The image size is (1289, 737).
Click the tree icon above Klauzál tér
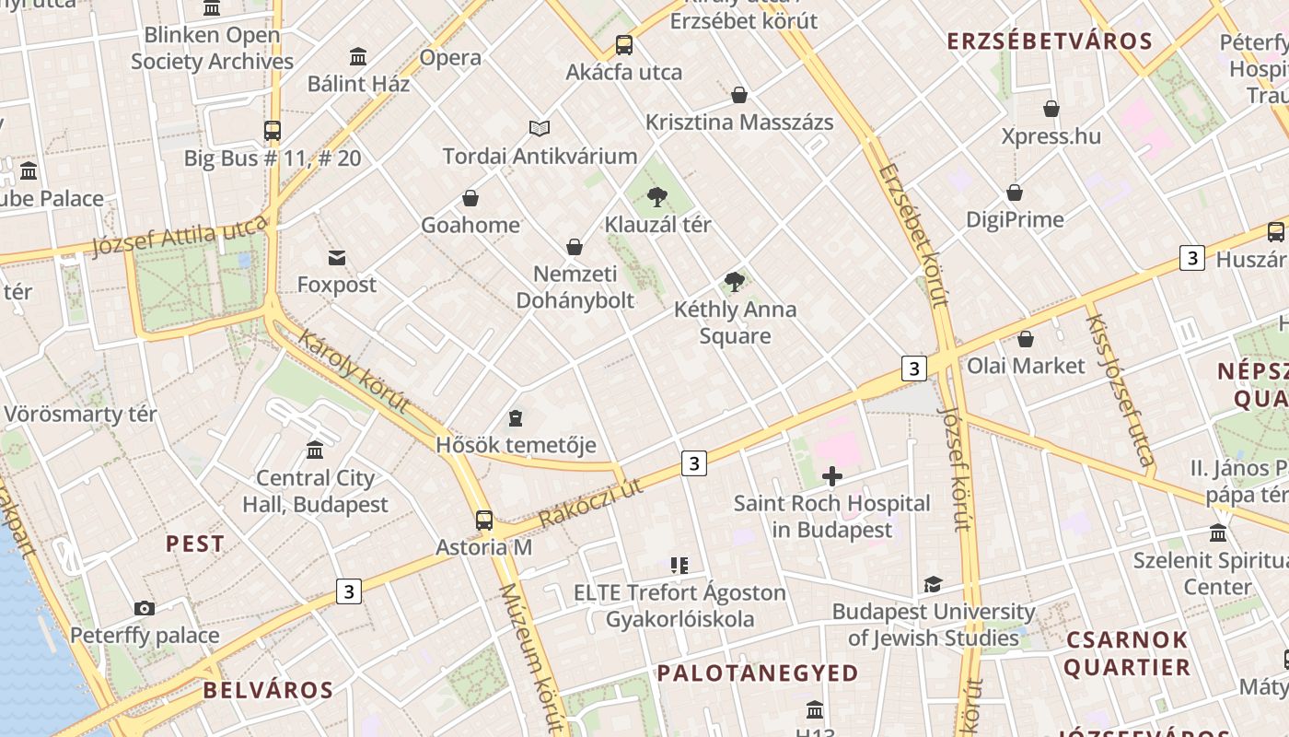coord(656,195)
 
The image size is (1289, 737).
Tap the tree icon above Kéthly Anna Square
coord(734,281)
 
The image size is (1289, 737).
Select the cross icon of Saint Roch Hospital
coord(832,476)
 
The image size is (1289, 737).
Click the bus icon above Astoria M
coord(484,521)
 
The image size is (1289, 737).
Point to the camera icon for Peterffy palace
coord(144,608)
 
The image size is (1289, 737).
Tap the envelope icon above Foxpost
coord(337,258)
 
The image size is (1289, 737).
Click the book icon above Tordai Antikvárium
coord(539,128)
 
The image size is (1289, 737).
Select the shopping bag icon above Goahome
coord(470,198)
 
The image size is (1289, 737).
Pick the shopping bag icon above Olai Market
coord(1025,339)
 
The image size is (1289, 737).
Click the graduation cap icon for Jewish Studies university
coord(933,584)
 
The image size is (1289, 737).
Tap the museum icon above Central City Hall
coord(315,450)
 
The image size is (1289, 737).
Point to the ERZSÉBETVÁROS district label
coord(1050,41)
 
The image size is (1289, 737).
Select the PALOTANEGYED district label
coord(758,673)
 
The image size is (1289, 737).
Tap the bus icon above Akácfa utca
coord(623,44)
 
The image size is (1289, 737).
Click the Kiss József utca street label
coord(1120,390)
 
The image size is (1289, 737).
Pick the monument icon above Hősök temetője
coord(516,418)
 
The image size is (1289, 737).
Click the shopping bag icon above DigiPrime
coord(1015,193)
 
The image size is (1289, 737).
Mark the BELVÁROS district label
coord(268,690)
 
